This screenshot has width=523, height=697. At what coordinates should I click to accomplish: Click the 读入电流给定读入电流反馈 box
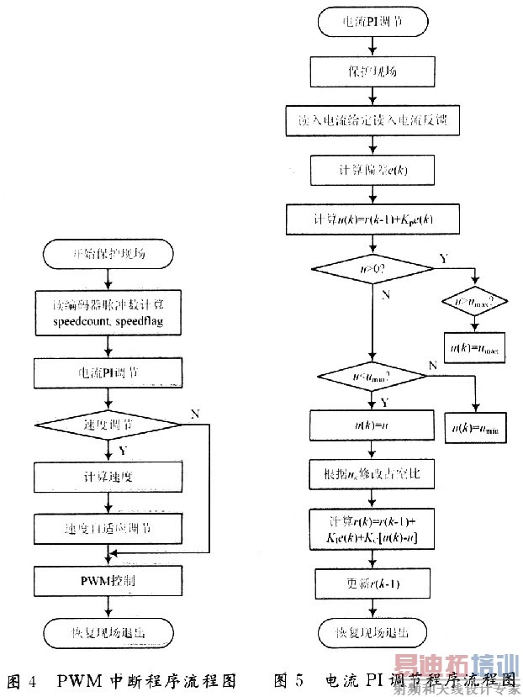click(371, 120)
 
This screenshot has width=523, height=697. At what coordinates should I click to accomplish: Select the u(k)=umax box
click(475, 347)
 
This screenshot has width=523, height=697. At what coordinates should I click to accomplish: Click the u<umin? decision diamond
click(371, 374)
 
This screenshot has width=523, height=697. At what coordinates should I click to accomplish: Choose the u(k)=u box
click(371, 425)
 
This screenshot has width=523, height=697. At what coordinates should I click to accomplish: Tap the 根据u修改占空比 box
click(371, 475)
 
